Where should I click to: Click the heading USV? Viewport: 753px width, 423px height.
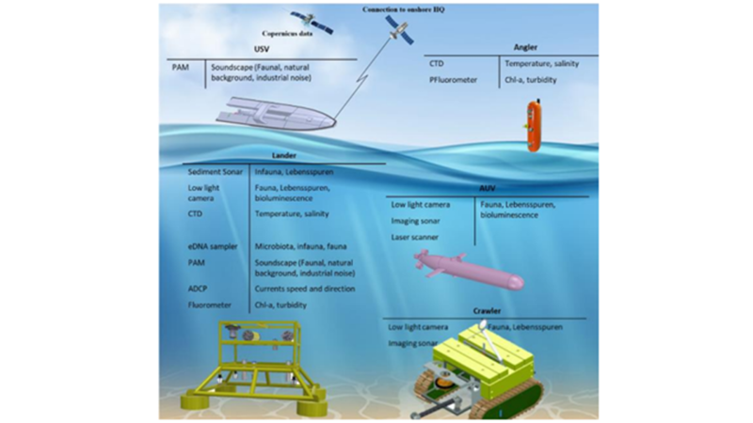coord(264,50)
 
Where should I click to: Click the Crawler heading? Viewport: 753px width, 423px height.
coord(486,311)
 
